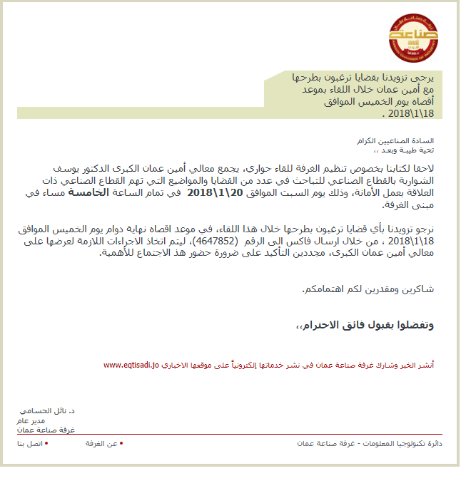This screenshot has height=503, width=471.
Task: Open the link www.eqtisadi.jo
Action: click(131, 365)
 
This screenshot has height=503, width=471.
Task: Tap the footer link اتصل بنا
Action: click(31, 444)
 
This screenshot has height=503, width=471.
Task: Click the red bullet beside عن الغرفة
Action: click(121, 443)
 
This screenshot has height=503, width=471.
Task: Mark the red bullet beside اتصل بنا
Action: click(46, 443)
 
